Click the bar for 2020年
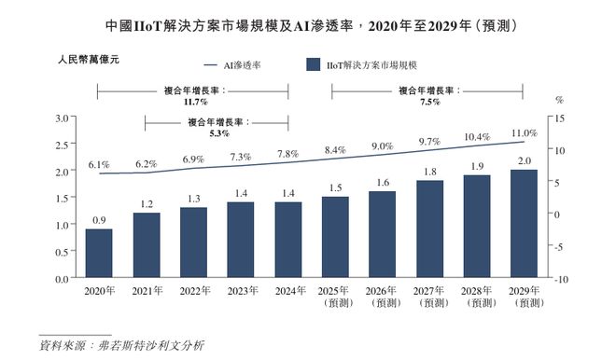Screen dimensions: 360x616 100,253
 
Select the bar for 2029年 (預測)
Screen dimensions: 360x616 523,224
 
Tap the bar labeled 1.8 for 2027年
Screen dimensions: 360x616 428,228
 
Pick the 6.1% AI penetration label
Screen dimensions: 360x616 99,164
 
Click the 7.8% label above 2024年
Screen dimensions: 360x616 287,153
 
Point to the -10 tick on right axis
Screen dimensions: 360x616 559,279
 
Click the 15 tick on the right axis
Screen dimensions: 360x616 559,118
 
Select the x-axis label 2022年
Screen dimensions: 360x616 193,292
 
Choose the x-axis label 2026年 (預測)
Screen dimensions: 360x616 382,298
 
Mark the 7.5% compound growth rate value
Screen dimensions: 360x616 429,103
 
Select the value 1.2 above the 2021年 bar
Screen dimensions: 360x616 147,203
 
